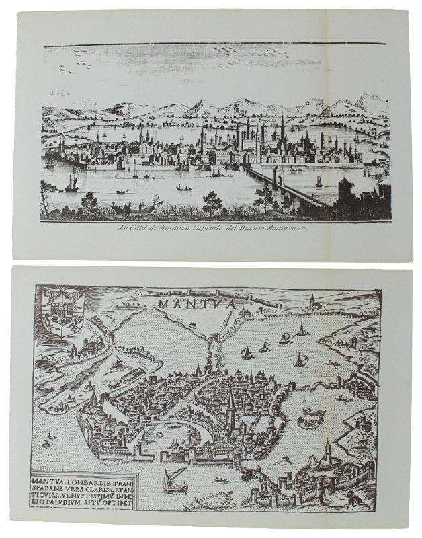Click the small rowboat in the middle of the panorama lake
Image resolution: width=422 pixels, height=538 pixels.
[x=182, y=188]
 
